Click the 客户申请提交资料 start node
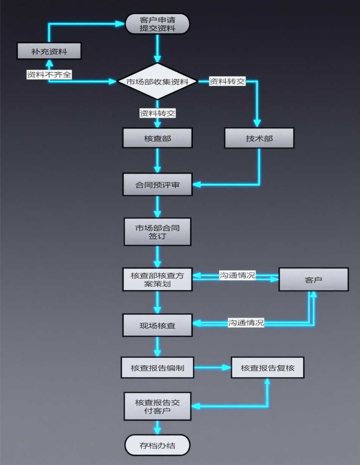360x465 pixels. pos(157,24)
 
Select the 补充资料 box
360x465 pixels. pos(49,51)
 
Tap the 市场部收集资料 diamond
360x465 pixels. pos(157,81)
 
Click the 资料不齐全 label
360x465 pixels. pos(49,74)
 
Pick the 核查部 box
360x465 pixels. pos(157,138)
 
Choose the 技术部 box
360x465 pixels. pos(259,138)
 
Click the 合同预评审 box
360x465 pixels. pos(157,185)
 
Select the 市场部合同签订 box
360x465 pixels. pos(157,232)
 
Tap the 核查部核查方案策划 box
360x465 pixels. pos(157,280)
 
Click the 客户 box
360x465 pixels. pos(313,280)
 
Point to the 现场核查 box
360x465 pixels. pos(157,325)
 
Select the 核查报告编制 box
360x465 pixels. pos(157,368)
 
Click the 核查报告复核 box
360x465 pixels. pos(268,368)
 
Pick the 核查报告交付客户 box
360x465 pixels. pos(157,406)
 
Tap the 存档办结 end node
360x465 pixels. pos(157,445)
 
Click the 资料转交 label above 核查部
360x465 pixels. pos(157,113)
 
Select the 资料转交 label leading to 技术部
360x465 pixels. pos(227,81)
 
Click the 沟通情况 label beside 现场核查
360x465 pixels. pos(246,323)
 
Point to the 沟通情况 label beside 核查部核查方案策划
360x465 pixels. pos(237,276)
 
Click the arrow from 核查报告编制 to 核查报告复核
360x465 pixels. pos(212,368)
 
